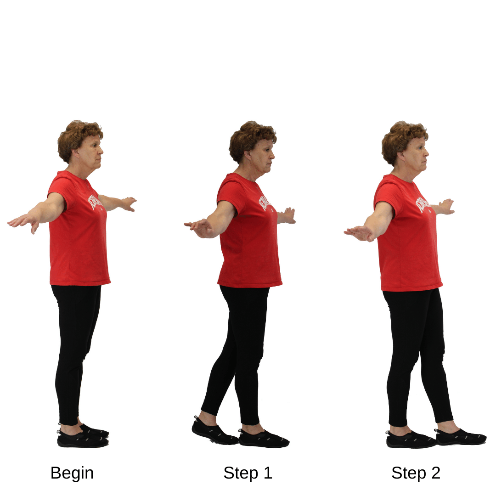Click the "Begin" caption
(72, 473)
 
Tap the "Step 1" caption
(248, 473)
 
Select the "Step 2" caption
(416, 473)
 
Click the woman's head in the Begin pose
(82, 142)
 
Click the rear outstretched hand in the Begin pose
(23, 221)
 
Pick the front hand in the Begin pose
(129, 203)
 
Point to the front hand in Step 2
(445, 206)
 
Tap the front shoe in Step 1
(265, 439)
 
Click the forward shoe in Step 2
(461, 437)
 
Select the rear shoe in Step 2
(411, 440)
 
